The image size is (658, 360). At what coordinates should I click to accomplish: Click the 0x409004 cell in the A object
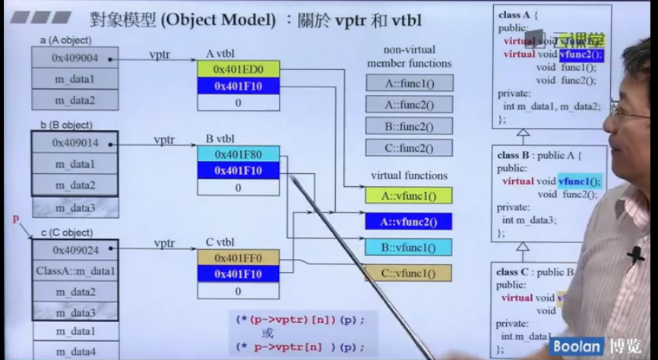[74, 57]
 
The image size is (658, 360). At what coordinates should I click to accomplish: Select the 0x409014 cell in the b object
[74, 142]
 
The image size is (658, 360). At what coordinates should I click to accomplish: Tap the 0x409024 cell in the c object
[74, 250]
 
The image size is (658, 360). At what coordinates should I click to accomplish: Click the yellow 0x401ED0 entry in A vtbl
[238, 70]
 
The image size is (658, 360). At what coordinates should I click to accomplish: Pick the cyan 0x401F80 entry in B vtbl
[238, 154]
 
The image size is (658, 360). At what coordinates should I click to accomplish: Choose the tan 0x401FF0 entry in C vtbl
[238, 257]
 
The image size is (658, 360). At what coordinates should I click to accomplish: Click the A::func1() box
[409, 83]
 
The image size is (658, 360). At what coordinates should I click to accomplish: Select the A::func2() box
[409, 104]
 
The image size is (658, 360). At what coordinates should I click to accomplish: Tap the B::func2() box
[409, 126]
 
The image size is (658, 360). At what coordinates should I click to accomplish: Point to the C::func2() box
[409, 147]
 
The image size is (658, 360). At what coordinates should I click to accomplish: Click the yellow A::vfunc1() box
[409, 195]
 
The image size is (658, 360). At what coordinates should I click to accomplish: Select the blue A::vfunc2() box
[409, 221]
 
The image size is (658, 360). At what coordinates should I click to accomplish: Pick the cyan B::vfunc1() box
[409, 247]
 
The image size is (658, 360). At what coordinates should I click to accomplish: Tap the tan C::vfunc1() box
[409, 273]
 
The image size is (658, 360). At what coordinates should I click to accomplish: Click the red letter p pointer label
[15, 219]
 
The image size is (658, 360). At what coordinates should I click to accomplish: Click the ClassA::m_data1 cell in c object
[74, 271]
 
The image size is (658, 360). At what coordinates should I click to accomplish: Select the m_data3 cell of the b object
[74, 207]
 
